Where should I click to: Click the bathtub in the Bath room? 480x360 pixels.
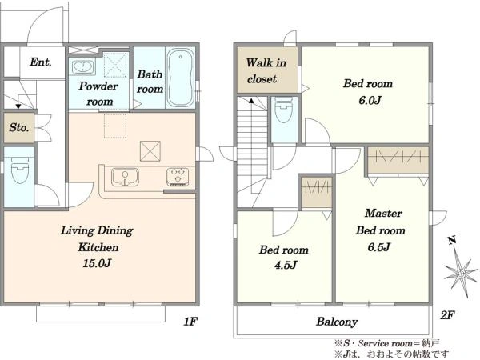[x=181, y=77]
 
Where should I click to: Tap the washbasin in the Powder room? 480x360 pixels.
[x=82, y=66]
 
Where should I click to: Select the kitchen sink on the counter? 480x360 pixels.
[x=125, y=177]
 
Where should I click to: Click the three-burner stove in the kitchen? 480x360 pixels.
[x=178, y=177]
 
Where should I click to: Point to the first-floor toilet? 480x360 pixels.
[x=20, y=170]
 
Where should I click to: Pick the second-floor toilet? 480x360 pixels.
[x=284, y=110]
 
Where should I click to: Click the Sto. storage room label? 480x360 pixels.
[x=18, y=127]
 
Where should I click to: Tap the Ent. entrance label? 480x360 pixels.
[x=41, y=62]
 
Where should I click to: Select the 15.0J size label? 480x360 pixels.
[x=97, y=263]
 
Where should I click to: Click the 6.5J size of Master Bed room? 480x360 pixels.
[x=379, y=246]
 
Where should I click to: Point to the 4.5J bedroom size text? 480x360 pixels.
[x=286, y=265]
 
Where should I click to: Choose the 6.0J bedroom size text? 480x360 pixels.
[x=370, y=100]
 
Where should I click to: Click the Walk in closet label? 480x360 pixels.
[x=266, y=71]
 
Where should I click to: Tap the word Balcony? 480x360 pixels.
[x=337, y=322]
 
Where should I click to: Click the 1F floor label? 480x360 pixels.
[x=190, y=322]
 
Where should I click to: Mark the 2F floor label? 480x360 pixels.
[x=447, y=314]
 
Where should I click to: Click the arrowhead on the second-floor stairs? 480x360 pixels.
[x=251, y=100]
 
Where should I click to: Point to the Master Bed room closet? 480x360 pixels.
[x=398, y=160]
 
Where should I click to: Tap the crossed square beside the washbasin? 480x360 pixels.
[x=115, y=65]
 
